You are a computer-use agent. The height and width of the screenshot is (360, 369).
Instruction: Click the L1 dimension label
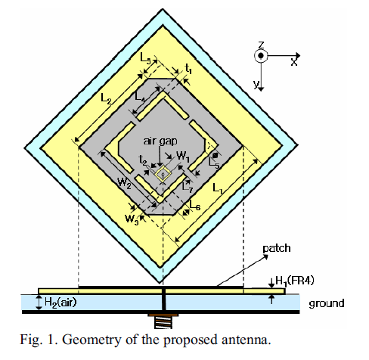(218, 188)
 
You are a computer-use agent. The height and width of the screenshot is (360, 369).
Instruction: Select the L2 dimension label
(106, 98)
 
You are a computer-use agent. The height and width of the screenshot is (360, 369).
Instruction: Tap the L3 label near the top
(146, 58)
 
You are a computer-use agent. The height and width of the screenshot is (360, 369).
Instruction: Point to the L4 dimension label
(140, 96)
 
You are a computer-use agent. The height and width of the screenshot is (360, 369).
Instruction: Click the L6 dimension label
(195, 205)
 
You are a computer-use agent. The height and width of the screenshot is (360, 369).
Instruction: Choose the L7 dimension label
(188, 187)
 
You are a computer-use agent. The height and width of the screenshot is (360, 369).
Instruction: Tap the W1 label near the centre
(183, 157)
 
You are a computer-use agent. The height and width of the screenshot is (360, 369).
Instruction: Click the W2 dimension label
(125, 182)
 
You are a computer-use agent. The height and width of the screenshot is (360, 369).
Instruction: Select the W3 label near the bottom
(132, 219)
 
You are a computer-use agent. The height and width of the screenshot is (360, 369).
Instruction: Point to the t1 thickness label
(188, 69)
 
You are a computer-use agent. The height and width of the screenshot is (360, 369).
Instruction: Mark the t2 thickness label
(143, 160)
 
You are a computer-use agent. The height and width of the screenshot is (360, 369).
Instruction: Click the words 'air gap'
(160, 141)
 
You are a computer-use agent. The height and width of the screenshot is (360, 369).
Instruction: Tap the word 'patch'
(277, 249)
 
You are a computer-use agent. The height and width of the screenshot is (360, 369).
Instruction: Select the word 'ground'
(327, 303)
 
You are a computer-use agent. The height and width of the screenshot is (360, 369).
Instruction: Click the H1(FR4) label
(295, 281)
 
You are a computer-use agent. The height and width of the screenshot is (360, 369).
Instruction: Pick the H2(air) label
(60, 302)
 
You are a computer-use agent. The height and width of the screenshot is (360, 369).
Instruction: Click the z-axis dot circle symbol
(261, 55)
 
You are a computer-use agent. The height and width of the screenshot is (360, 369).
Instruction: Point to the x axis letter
(293, 62)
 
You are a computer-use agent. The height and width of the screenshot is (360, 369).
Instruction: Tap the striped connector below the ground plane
(163, 323)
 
